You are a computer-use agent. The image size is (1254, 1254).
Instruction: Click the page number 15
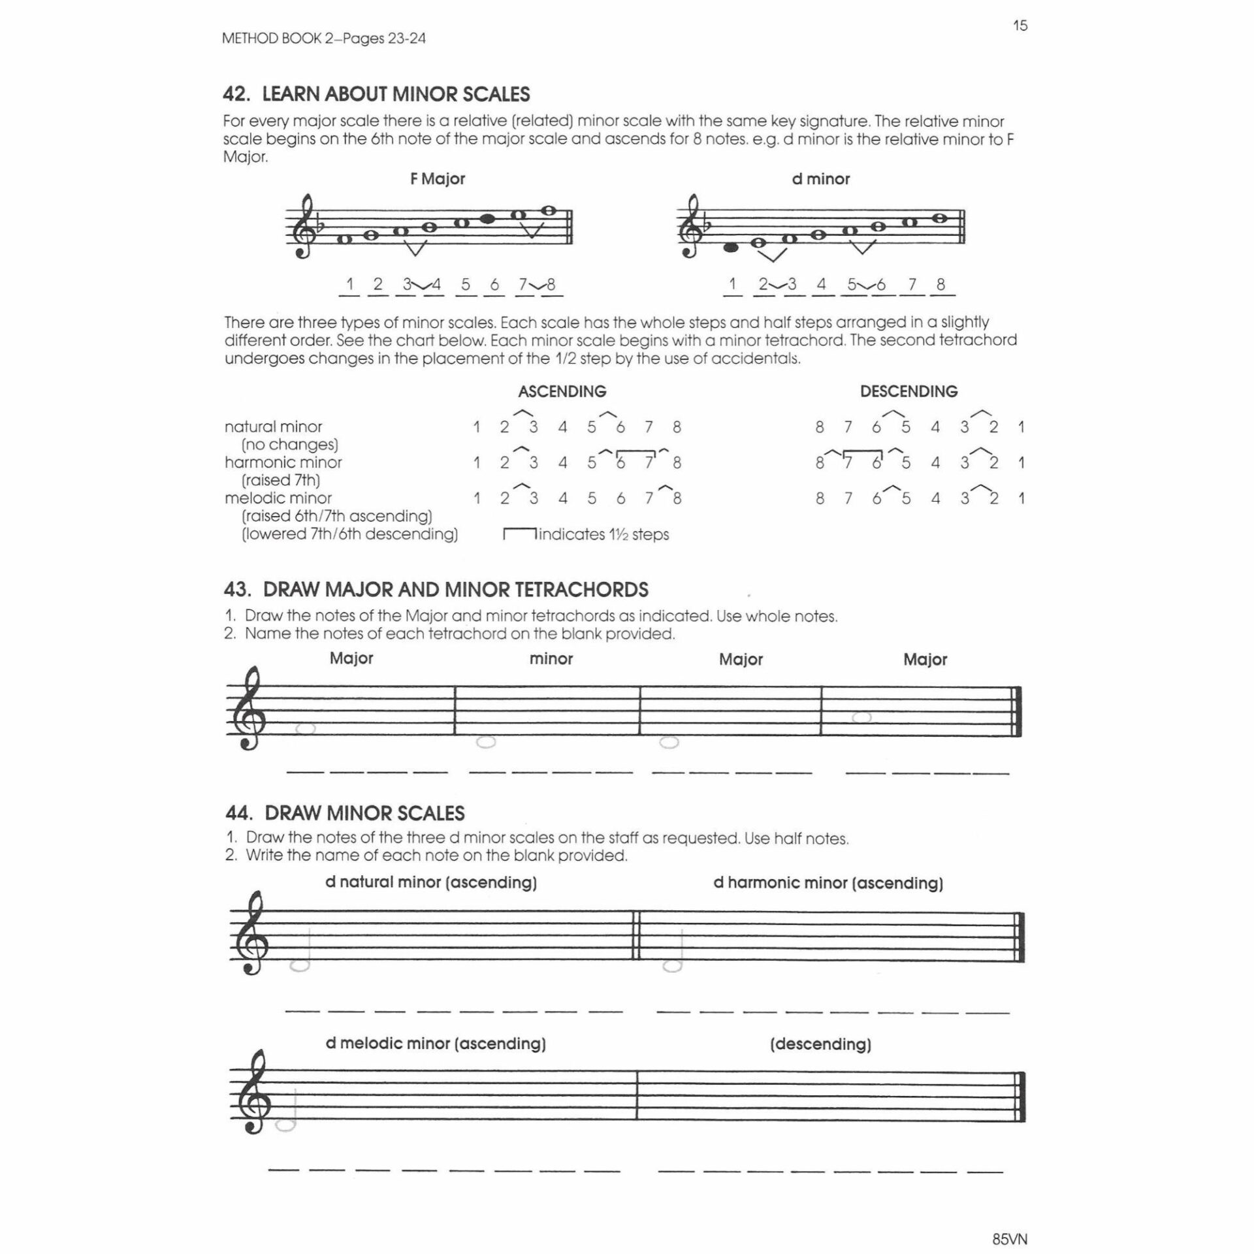(1020, 26)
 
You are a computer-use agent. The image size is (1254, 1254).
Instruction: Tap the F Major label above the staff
(437, 179)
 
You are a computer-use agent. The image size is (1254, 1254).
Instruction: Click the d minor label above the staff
(820, 179)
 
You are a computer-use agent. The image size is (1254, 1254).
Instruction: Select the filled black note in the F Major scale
(487, 219)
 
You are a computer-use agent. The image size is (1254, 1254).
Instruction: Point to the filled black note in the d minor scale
(731, 248)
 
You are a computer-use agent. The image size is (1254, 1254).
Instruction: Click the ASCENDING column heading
(562, 391)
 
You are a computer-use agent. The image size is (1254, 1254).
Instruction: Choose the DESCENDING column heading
(908, 391)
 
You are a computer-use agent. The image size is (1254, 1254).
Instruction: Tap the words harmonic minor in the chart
(283, 462)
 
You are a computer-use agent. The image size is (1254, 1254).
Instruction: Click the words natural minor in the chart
(273, 426)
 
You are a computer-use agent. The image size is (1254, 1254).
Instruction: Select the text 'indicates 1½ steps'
(603, 534)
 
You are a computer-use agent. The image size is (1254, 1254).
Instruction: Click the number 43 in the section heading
(235, 590)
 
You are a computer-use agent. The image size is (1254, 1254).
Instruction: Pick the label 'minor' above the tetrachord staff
(551, 658)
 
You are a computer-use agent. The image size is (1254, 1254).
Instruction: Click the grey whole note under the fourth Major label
(861, 717)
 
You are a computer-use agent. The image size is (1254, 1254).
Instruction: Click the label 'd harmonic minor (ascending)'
(828, 883)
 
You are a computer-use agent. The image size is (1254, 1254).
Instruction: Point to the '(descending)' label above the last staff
(820, 1044)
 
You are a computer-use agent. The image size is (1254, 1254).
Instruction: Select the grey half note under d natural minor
(299, 965)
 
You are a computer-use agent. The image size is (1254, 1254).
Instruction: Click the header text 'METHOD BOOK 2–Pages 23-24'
(323, 39)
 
